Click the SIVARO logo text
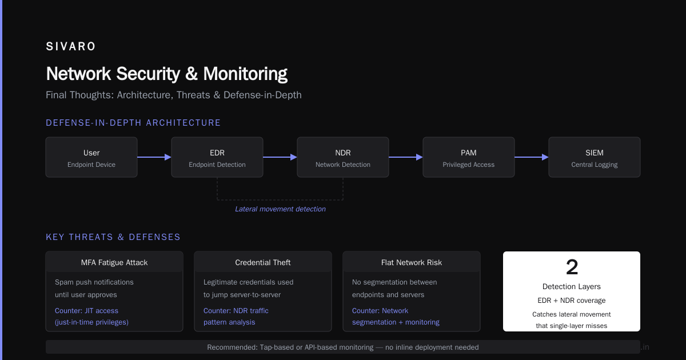[x=71, y=46]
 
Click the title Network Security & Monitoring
[x=166, y=74]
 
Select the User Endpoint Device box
[x=91, y=157]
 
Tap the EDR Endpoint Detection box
[x=217, y=157]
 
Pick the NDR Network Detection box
[x=343, y=157]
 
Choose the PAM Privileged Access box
[x=469, y=157]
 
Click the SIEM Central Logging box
[x=595, y=157]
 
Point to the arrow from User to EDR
[x=154, y=157]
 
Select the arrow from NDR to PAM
[x=406, y=157]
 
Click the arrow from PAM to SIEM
[x=532, y=157]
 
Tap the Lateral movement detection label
[x=280, y=209]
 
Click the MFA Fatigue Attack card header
[x=114, y=262]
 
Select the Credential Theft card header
[x=263, y=262]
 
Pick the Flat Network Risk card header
[x=412, y=262]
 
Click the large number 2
[x=572, y=267]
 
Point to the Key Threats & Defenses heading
[x=113, y=237]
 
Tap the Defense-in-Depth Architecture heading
[x=133, y=123]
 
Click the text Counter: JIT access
[x=86, y=311]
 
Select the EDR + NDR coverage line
[x=572, y=301]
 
